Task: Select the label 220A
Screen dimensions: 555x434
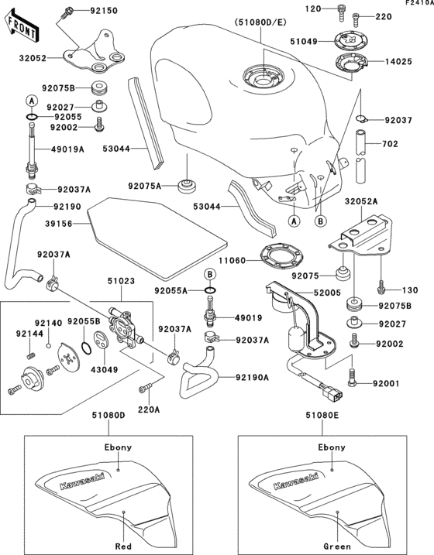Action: [149, 409]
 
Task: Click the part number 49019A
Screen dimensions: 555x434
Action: [68, 150]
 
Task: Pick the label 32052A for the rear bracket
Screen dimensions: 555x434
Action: [361, 201]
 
